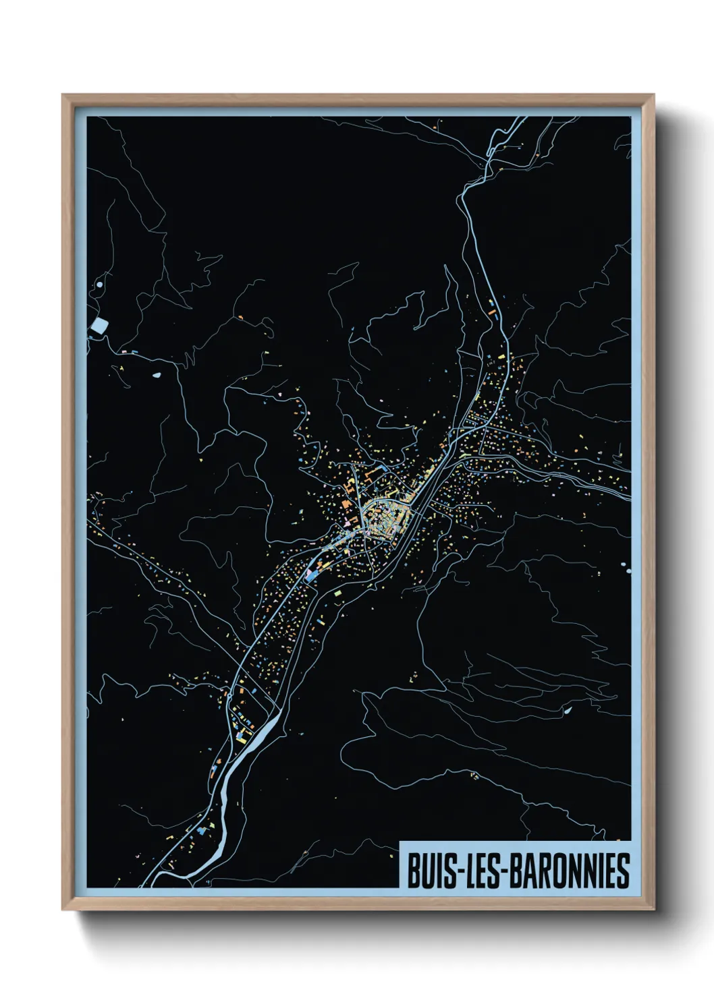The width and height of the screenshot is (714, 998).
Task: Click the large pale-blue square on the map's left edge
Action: (x=99, y=328)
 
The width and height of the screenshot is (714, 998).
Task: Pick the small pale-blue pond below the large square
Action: (x=157, y=375)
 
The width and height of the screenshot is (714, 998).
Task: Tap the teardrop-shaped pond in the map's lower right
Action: (x=568, y=710)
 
